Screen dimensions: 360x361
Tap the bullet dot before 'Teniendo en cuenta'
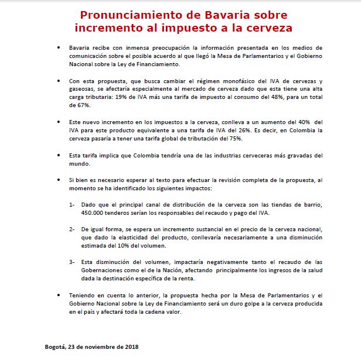pos(57,296)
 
